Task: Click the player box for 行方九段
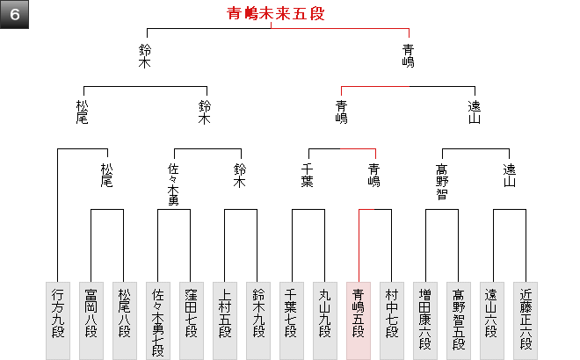(x=57, y=320)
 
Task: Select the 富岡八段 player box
(x=91, y=320)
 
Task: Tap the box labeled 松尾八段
(x=124, y=320)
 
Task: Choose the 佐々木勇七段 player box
(x=157, y=320)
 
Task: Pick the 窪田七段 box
(x=191, y=320)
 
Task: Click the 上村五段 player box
(x=224, y=320)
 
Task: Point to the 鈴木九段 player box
(x=257, y=320)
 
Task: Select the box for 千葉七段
(x=291, y=320)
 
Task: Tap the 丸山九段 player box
(x=324, y=320)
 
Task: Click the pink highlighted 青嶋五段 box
(x=358, y=320)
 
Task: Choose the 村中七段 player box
(x=391, y=320)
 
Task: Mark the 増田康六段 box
(x=424, y=320)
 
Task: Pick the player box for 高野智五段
(x=458, y=320)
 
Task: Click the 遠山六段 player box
(x=491, y=320)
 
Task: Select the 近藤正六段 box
(x=525, y=320)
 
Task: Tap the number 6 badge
(x=16, y=16)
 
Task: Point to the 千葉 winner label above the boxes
(x=308, y=176)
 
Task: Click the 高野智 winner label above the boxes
(x=441, y=182)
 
